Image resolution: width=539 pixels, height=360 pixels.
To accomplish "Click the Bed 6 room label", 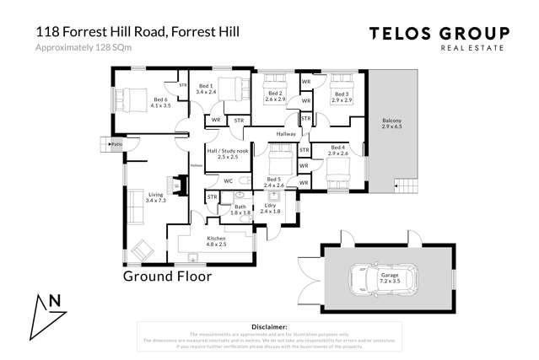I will (161, 102).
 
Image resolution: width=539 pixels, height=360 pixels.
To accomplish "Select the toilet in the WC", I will (241, 180).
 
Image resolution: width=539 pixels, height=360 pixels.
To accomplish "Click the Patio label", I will (117, 145).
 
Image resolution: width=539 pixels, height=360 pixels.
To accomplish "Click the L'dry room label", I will (270, 207).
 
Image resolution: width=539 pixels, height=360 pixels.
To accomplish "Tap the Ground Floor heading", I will (167, 276).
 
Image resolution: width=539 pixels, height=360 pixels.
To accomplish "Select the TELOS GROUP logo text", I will (439, 34).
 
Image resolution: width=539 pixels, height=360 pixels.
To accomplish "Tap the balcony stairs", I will (406, 185).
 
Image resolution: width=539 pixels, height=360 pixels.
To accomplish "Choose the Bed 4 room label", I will (338, 150).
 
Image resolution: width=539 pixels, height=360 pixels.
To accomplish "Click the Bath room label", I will (240, 208).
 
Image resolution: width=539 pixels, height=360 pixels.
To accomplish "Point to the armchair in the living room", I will (144, 249).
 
